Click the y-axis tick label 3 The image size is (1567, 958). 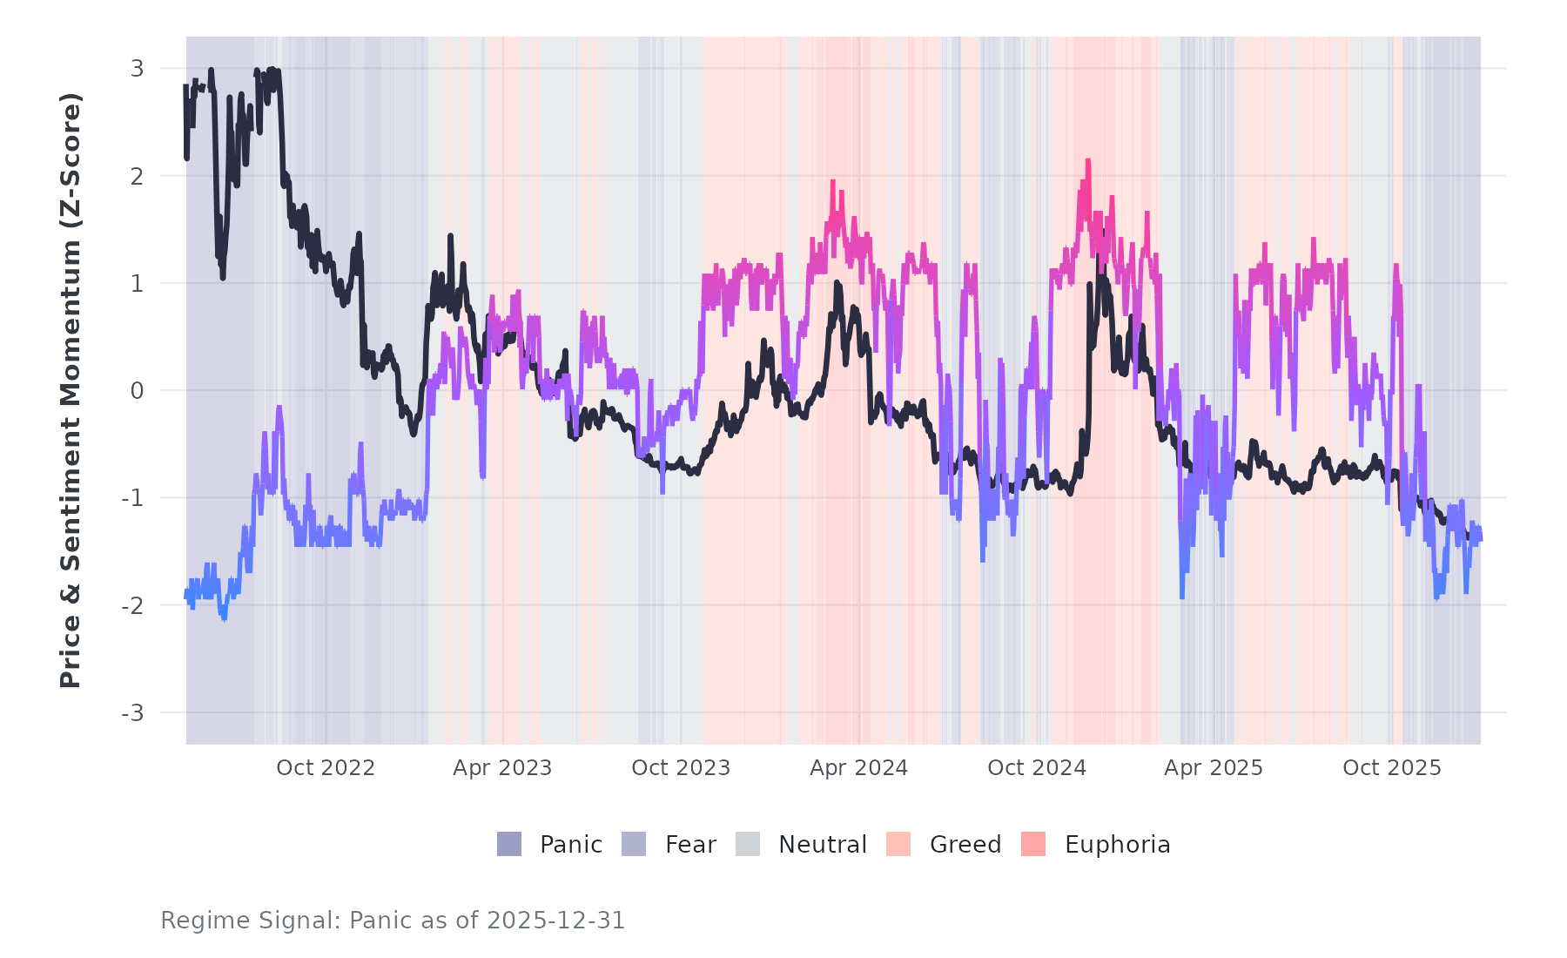click(137, 69)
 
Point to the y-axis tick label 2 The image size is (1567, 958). click(137, 176)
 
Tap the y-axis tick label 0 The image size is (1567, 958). click(137, 391)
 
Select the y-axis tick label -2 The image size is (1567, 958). click(133, 606)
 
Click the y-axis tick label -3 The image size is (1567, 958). click(133, 713)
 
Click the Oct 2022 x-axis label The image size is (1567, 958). click(326, 768)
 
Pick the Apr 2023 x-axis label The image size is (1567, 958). click(502, 768)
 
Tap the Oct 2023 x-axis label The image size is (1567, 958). click(681, 768)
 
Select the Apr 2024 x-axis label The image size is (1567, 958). click(858, 768)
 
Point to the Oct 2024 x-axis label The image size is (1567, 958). click(1037, 768)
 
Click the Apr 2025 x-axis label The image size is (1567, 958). click(1214, 768)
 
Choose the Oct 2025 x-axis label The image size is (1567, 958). click(1392, 768)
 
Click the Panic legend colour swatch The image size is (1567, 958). click(509, 844)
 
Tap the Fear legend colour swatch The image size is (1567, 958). click(634, 844)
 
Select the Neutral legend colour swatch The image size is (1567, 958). click(748, 844)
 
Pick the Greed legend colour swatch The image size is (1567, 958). click(898, 844)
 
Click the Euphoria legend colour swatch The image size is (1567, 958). click(1033, 844)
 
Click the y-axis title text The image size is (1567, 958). click(71, 390)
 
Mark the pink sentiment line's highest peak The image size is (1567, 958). click(1087, 161)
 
